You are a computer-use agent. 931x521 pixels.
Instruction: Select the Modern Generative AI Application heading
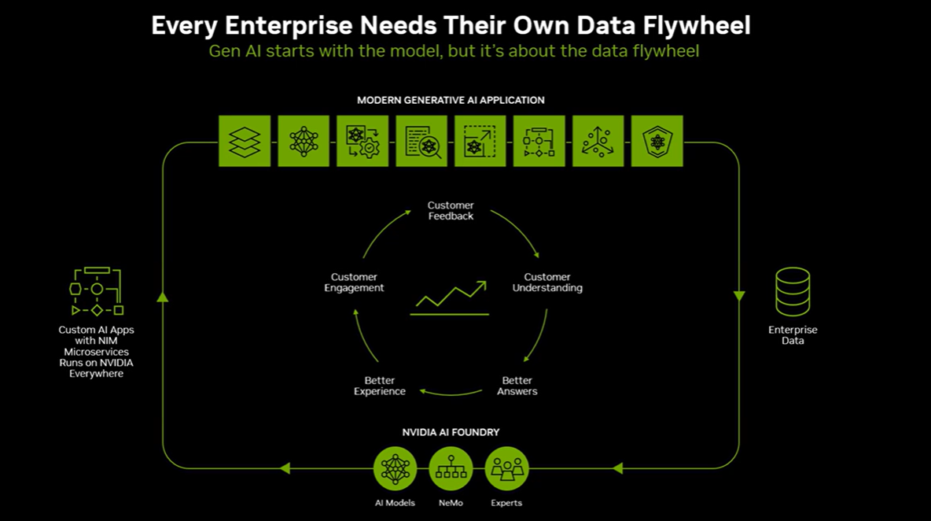click(x=451, y=100)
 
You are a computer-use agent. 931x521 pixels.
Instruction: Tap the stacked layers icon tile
click(x=245, y=142)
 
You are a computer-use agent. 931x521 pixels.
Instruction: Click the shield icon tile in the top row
click(x=657, y=142)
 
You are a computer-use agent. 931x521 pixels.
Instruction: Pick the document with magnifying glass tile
click(x=421, y=142)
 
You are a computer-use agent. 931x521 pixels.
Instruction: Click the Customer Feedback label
click(x=451, y=211)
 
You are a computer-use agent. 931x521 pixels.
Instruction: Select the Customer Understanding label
click(x=547, y=283)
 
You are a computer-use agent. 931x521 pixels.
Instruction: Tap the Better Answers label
click(x=517, y=386)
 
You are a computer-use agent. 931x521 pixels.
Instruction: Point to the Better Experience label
click(x=380, y=386)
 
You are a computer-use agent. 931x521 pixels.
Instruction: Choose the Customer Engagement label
click(x=354, y=283)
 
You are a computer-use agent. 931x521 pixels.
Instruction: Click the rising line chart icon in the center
click(x=451, y=296)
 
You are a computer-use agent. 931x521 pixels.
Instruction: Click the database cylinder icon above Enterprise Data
click(x=793, y=292)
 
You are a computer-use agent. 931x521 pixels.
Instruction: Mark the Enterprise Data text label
click(x=793, y=335)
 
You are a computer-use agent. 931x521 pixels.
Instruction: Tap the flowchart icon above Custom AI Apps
click(x=97, y=292)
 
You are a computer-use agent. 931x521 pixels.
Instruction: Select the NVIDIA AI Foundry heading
click(x=451, y=432)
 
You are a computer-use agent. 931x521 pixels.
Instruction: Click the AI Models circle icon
click(x=396, y=469)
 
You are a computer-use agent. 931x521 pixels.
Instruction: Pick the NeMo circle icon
click(x=451, y=469)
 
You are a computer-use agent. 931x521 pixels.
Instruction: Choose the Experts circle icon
click(x=506, y=469)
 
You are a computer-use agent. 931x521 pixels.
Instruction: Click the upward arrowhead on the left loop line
click(x=163, y=297)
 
